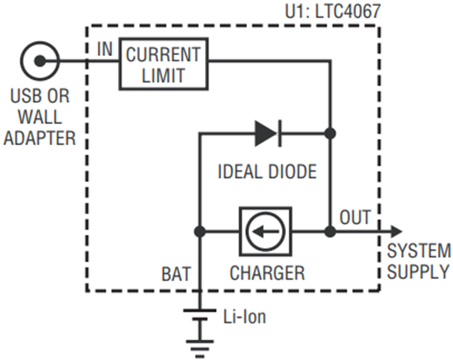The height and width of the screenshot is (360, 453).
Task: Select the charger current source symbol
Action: pyautogui.click(x=265, y=232)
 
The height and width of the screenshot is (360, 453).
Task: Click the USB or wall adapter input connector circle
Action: pyautogui.click(x=40, y=61)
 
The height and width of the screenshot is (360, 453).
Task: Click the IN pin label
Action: pyautogui.click(x=105, y=50)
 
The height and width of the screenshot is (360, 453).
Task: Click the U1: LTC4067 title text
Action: pyautogui.click(x=332, y=11)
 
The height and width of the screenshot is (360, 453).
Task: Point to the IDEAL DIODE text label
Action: pyautogui.click(x=267, y=172)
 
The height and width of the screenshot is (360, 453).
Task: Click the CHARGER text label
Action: pyautogui.click(x=267, y=273)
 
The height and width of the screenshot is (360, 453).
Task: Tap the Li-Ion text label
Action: pyautogui.click(x=245, y=317)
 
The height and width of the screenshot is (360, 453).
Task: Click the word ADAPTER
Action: pyautogui.click(x=40, y=137)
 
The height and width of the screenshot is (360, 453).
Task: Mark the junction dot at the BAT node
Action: pyautogui.click(x=200, y=232)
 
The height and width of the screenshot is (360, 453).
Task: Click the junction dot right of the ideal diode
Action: pyautogui.click(x=330, y=133)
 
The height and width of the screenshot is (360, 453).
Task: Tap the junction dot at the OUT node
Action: pyautogui.click(x=330, y=232)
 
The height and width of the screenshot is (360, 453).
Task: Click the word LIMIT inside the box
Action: pyautogui.click(x=163, y=75)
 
